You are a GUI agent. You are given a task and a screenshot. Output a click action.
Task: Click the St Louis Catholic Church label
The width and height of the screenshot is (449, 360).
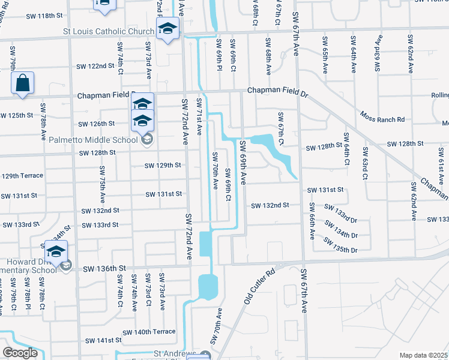click(109, 32)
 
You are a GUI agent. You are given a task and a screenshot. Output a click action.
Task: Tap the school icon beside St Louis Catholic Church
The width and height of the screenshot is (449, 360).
click(168, 28)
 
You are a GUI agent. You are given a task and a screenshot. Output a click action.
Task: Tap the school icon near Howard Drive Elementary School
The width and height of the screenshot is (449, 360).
click(56, 251)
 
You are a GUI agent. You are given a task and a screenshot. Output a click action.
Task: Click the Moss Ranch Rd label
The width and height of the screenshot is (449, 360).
click(382, 116)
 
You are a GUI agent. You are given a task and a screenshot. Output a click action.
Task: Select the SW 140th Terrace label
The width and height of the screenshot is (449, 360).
click(149, 332)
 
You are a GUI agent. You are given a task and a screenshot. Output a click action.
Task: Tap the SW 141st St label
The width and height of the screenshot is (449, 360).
click(103, 340)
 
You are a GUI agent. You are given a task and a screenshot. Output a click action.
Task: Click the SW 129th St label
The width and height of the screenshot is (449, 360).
click(161, 165)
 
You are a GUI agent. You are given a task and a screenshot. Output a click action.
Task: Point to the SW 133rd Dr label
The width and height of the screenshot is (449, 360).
click(340, 211)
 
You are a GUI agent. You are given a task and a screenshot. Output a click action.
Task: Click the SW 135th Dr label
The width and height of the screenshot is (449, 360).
click(340, 245)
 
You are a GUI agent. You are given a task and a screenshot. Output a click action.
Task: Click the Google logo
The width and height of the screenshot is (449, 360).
click(20, 353)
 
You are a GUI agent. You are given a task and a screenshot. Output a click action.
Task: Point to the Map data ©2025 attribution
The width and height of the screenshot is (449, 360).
click(423, 355)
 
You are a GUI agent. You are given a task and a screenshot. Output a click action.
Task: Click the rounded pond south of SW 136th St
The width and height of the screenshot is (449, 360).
click(208, 287)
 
